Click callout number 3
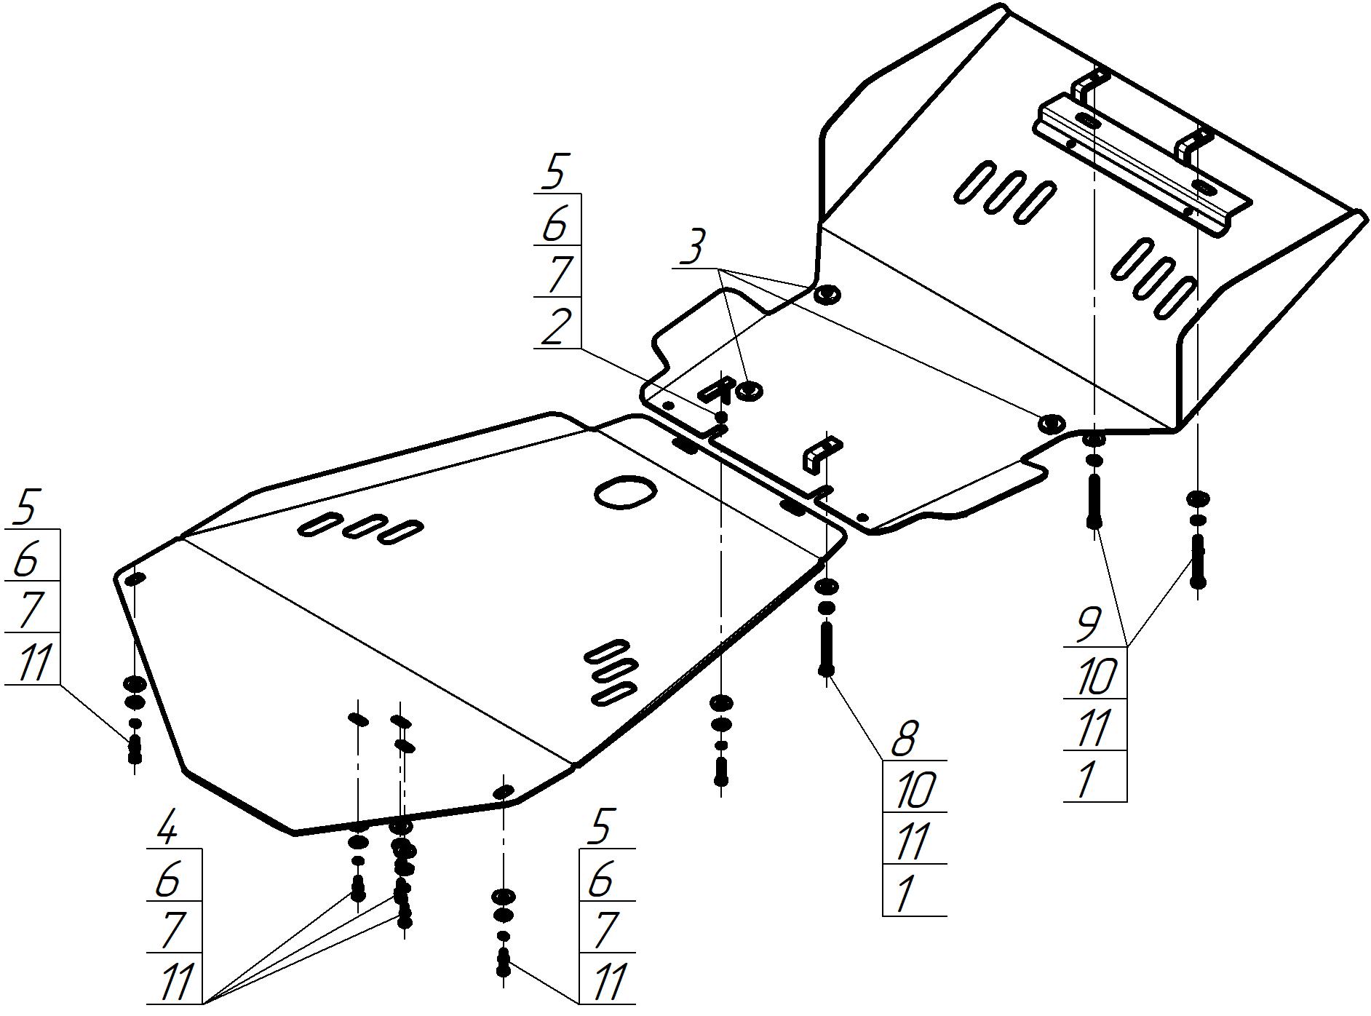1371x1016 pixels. (x=692, y=247)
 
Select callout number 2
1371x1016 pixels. (x=557, y=325)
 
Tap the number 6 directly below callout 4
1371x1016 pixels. (x=167, y=879)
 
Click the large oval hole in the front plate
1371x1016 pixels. (x=625, y=492)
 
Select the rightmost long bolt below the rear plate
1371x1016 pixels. (x=1197, y=561)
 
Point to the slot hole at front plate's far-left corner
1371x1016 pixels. (x=136, y=579)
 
